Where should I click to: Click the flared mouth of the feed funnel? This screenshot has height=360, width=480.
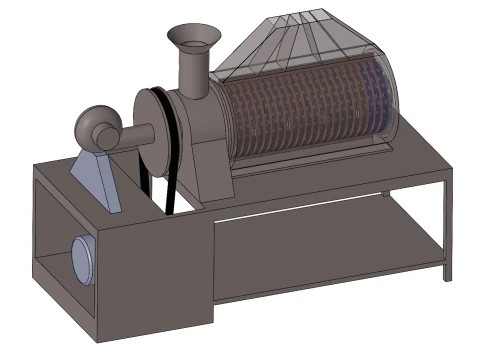194,38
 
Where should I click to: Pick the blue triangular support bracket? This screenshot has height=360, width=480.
101,180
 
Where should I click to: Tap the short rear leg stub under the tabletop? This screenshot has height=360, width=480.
385,192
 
